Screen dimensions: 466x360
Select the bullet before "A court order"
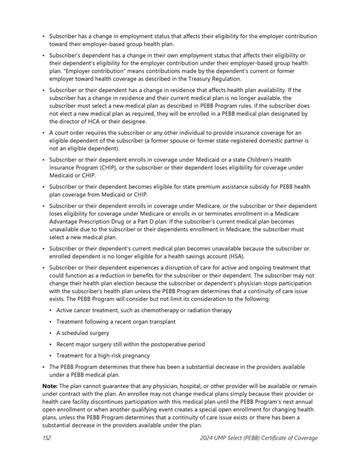[44, 133]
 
